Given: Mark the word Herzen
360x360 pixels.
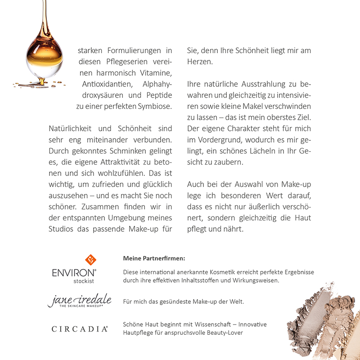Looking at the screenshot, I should pyautogui.click(x=199, y=62).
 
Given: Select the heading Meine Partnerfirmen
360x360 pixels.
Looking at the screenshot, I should pyautogui.click(x=154, y=259).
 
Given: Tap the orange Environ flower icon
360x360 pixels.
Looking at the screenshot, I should pyautogui.click(x=91, y=260).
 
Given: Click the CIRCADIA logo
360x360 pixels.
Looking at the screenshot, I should pyautogui.click(x=79, y=329).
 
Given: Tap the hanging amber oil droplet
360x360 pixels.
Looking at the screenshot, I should pyautogui.click(x=44, y=58).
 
